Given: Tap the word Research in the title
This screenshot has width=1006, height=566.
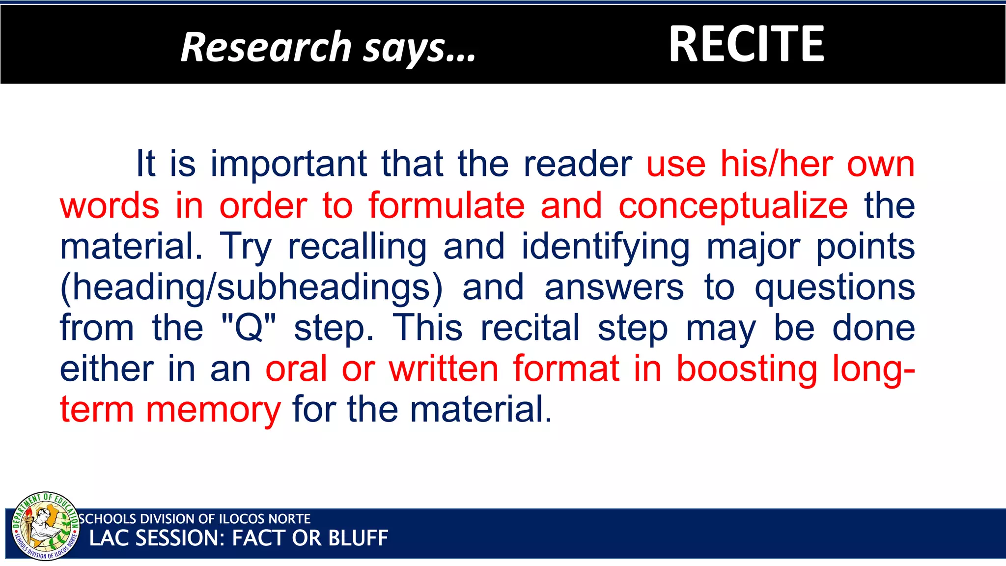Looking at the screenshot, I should click(266, 47).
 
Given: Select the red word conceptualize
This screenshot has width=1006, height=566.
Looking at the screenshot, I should click(733, 205).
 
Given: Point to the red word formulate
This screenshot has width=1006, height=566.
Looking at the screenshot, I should click(447, 205).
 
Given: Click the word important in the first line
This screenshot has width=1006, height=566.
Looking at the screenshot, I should click(289, 164).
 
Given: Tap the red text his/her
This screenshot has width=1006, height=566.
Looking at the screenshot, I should click(777, 164).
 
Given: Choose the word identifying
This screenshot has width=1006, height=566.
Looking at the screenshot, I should click(606, 247).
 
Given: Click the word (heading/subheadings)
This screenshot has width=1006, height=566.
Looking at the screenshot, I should click(251, 288).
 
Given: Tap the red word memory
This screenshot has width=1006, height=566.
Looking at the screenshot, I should click(214, 410).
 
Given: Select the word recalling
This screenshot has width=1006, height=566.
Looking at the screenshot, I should click(357, 247).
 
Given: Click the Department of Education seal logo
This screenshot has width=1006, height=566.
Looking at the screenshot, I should click(45, 526).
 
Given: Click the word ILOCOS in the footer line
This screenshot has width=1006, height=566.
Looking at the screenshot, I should click(241, 519).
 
